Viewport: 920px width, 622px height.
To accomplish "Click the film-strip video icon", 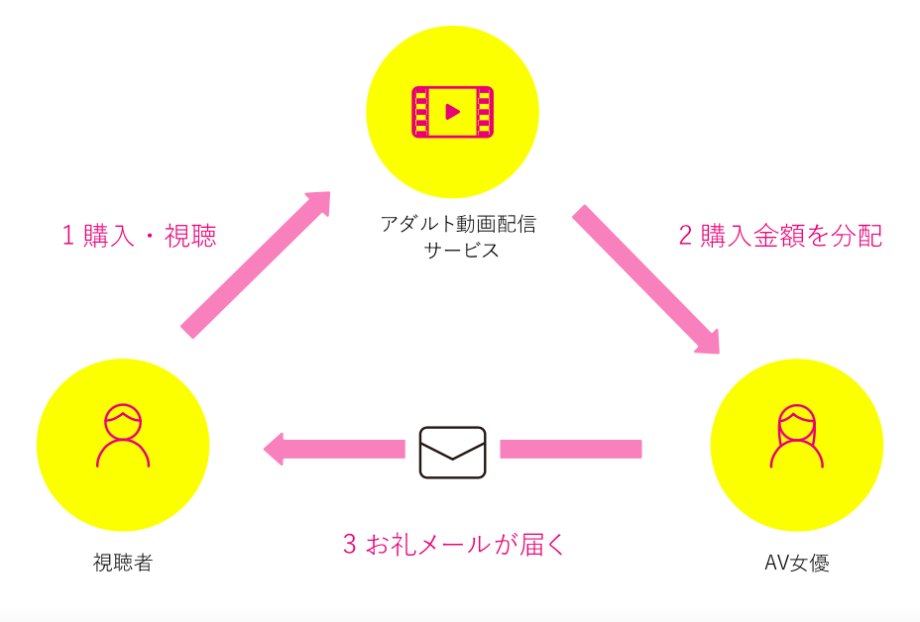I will (452, 111).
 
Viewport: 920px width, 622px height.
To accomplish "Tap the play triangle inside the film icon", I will (453, 111).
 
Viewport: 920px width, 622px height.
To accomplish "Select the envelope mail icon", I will (452, 452).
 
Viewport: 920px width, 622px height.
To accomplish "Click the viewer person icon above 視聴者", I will (123, 435).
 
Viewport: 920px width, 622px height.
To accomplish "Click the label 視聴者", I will (123, 564).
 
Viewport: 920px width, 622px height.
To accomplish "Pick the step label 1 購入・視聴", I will (139, 236).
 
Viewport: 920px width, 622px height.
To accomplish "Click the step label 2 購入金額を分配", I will (780, 236).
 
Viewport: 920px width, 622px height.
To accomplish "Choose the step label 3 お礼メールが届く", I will (453, 544).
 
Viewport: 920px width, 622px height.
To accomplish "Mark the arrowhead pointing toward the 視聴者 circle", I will (279, 449).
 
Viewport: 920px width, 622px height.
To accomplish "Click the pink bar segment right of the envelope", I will (570, 449).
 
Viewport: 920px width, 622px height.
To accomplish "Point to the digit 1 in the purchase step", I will (68, 236).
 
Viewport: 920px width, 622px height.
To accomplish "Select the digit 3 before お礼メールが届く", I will (349, 544).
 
